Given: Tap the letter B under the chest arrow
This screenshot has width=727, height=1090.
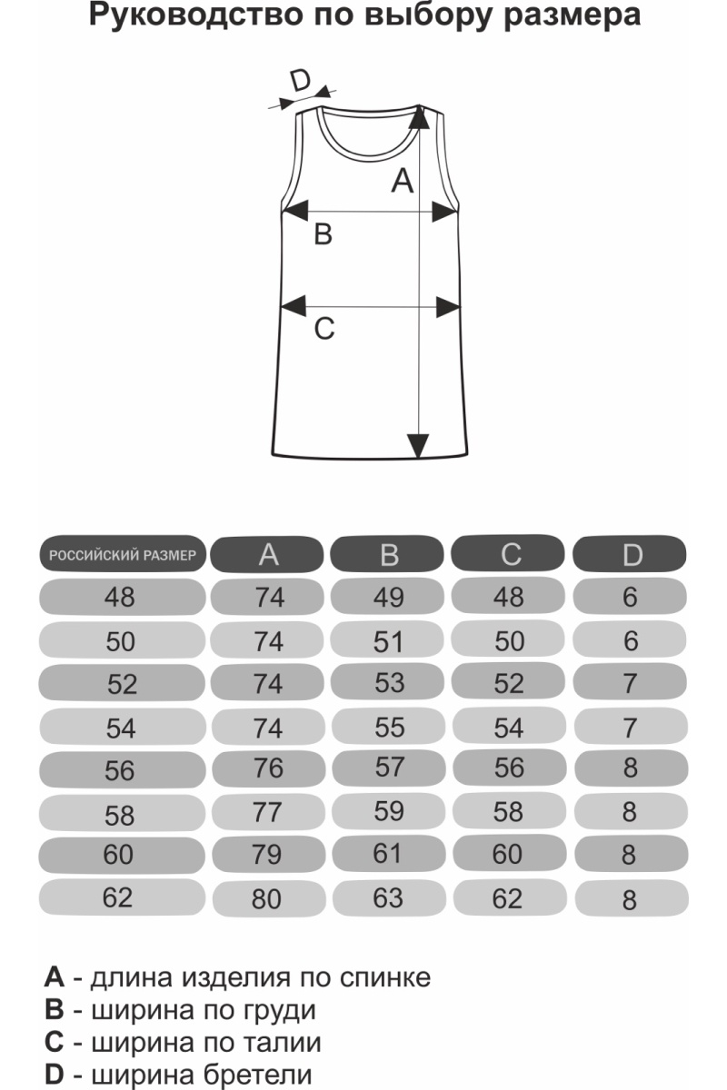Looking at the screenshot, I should pyautogui.click(x=323, y=234).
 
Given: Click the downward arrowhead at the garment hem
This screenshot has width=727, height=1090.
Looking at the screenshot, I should pyautogui.click(x=418, y=446).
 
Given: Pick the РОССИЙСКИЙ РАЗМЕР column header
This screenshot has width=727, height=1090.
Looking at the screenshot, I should pyautogui.click(x=122, y=554).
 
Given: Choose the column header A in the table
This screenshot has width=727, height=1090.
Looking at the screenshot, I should pyautogui.click(x=268, y=554).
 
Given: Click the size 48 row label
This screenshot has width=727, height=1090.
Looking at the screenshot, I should pyautogui.click(x=120, y=598).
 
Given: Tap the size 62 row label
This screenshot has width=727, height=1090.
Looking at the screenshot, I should pyautogui.click(x=118, y=898).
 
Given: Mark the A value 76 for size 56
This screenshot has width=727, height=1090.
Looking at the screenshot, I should pyautogui.click(x=268, y=768).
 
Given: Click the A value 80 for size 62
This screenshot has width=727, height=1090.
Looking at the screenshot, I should pyautogui.click(x=268, y=900).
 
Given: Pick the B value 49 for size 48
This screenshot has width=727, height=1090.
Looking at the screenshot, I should pyautogui.click(x=388, y=598).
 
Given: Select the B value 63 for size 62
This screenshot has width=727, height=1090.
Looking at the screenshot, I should pyautogui.click(x=388, y=898).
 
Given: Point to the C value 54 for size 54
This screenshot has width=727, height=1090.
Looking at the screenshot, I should pyautogui.click(x=509, y=728).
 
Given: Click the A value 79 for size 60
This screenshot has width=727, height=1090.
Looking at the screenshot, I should pyautogui.click(x=268, y=855).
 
